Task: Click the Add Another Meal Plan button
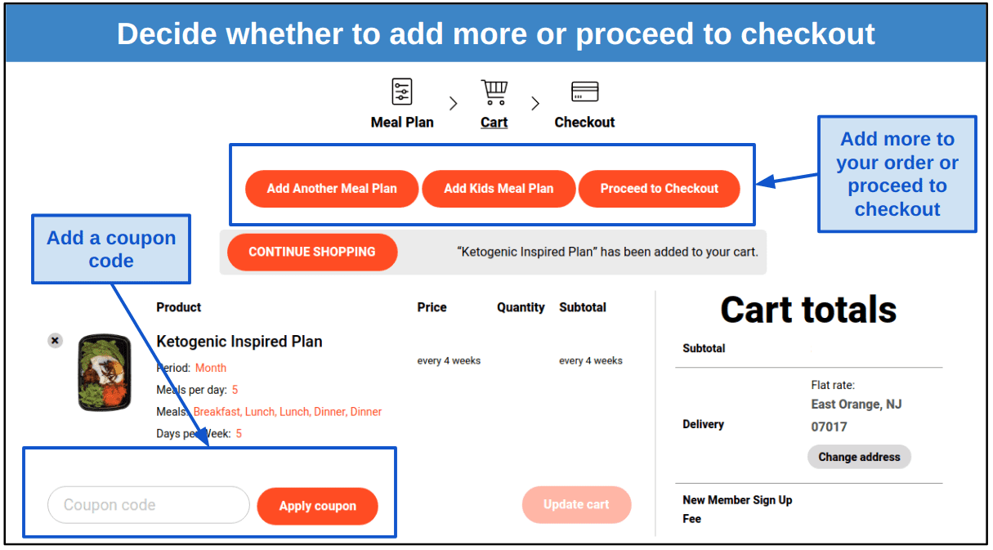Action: [332, 189]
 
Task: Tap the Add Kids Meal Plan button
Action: [499, 189]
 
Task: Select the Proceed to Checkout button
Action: [659, 189]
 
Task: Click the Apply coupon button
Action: [317, 506]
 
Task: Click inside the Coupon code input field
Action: [148, 505]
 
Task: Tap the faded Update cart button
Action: [576, 505]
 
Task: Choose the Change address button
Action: [859, 457]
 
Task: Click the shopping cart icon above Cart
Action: [494, 92]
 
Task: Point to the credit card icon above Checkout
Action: [584, 92]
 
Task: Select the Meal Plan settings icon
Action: [402, 92]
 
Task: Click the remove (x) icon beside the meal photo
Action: [55, 341]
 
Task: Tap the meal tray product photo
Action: [104, 372]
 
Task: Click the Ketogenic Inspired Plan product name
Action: [239, 342]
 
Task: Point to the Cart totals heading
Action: [808, 310]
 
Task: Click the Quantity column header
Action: [521, 307]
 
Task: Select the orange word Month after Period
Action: [211, 368]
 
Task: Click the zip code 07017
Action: [829, 427]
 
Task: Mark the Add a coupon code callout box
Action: [111, 249]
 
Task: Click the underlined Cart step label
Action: [494, 123]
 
